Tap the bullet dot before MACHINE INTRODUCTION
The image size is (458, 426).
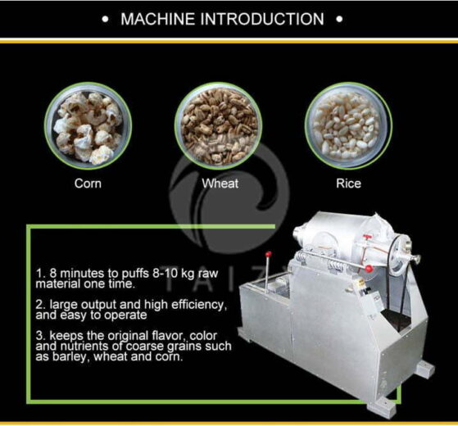pos(107,18)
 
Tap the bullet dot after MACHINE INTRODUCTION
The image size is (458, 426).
pos(339,18)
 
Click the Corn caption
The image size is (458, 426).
pos(88,184)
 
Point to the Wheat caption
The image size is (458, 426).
pos(220,184)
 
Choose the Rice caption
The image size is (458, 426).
pos(348,184)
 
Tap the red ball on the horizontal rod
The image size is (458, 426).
pos(370,267)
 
